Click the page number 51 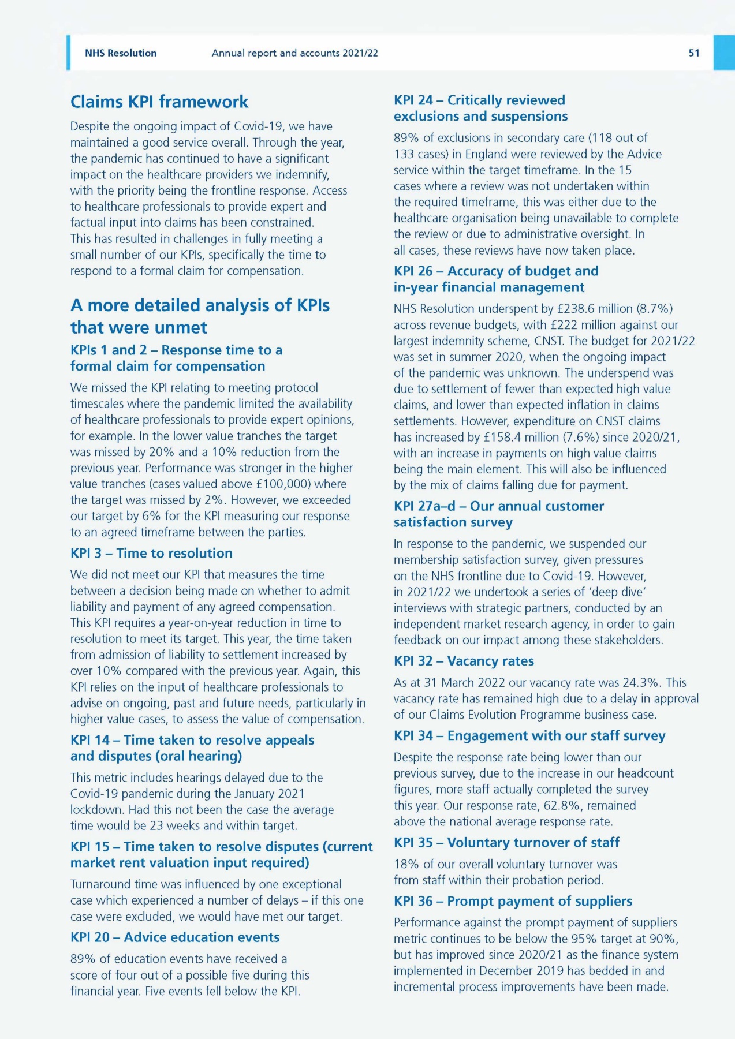pos(693,53)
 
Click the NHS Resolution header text pos(121,53)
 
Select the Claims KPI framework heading pos(159,102)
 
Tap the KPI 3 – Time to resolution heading pos(151,553)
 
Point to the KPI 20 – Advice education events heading pos(175,937)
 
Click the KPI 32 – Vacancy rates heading pos(464,661)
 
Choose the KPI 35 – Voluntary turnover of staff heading pos(506,842)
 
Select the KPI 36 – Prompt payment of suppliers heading pos(513,901)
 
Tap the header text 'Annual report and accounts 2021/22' pos(294,53)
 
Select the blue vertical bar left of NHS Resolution pos(68,53)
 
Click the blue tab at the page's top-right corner pos(724,53)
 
